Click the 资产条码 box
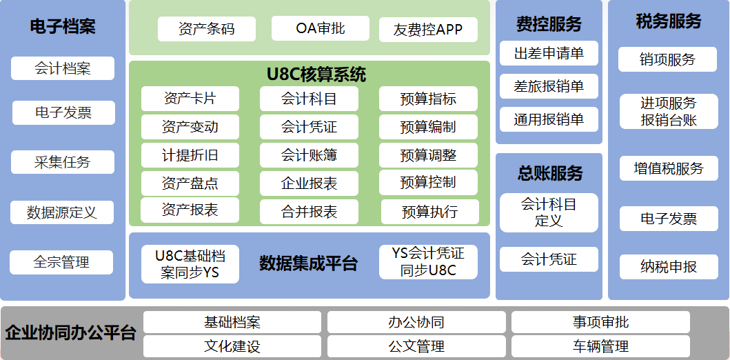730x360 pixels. click(x=207, y=29)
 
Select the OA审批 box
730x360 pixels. click(x=321, y=28)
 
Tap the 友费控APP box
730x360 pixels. click(x=428, y=30)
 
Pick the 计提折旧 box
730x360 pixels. click(x=190, y=155)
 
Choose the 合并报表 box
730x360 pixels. click(x=309, y=212)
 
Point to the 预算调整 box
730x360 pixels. click(x=428, y=155)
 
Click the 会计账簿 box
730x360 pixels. click(x=309, y=155)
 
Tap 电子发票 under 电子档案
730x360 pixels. click(x=63, y=112)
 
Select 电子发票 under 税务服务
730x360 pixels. click(x=669, y=219)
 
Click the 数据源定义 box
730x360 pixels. click(x=62, y=212)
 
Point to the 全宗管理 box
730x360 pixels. click(x=61, y=262)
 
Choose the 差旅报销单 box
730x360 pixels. click(x=549, y=86)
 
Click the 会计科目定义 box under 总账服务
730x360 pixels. click(x=549, y=212)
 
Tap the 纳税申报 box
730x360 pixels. click(x=669, y=267)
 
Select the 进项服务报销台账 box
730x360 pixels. click(x=669, y=112)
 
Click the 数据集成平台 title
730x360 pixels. click(x=309, y=263)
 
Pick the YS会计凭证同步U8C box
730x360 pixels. click(x=428, y=262)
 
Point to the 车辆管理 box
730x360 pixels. click(x=600, y=346)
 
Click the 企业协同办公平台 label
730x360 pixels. click(x=71, y=333)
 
